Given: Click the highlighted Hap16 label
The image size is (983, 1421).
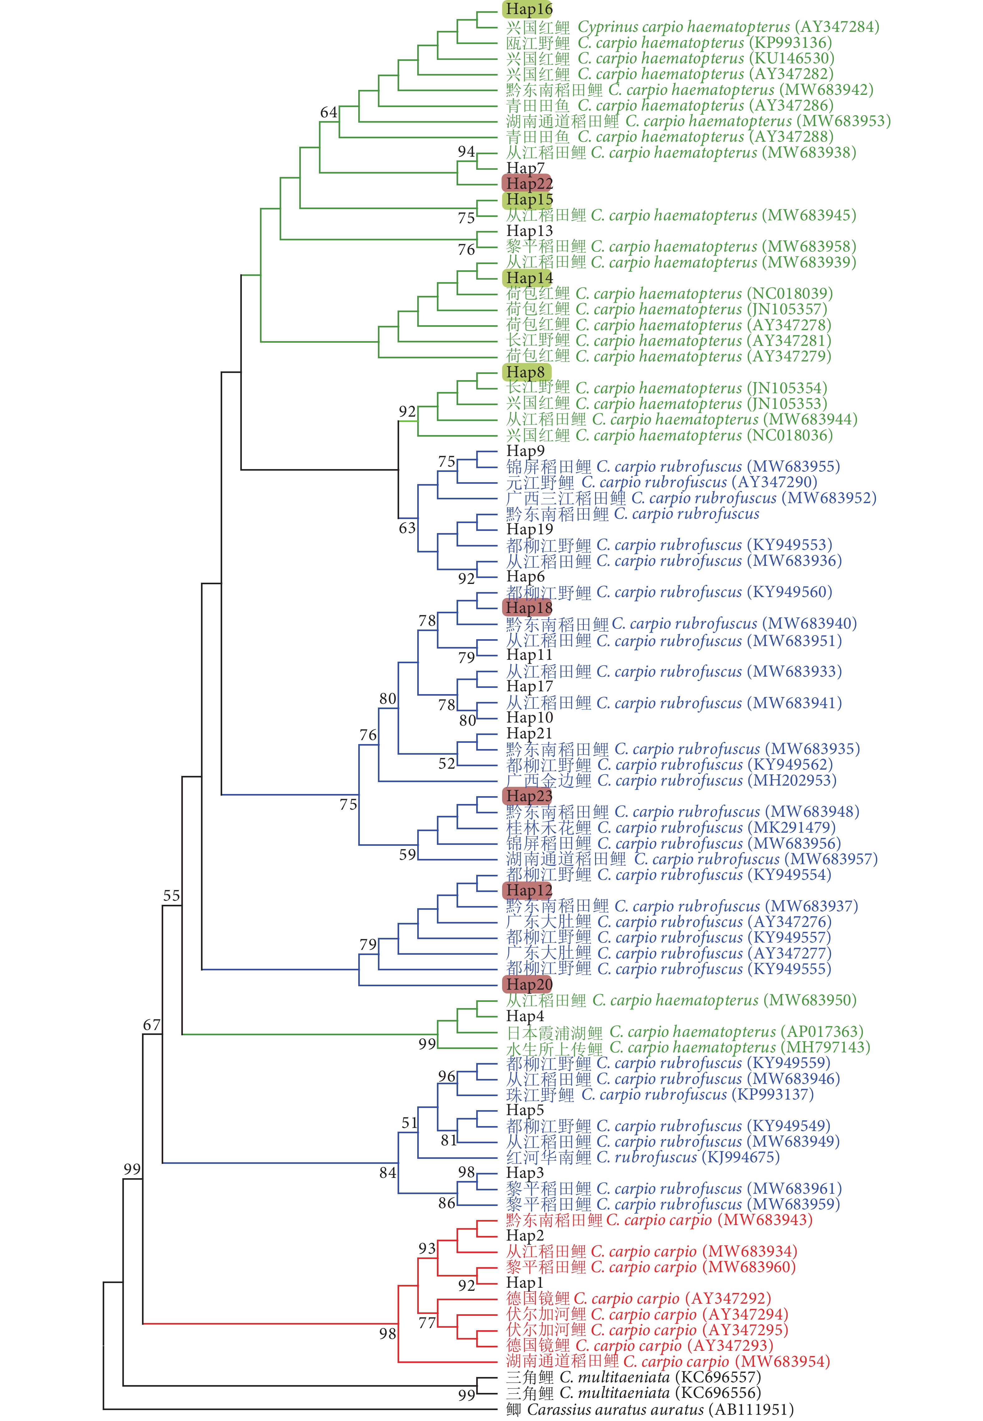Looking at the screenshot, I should [528, 9].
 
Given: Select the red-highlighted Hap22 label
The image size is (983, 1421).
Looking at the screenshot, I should [528, 184].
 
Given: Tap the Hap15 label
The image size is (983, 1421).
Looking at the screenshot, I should [528, 199].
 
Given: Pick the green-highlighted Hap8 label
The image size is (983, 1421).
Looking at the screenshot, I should [526, 372].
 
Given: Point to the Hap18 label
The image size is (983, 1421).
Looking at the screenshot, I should [528, 608].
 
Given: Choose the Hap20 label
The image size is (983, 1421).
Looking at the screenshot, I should [528, 984].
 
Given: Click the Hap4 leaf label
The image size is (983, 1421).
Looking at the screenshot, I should [525, 1016].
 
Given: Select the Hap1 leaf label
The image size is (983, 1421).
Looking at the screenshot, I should [525, 1282].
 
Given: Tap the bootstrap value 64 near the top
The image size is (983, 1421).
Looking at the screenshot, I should [329, 112].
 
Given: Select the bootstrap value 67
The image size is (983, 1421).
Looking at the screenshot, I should [152, 1025].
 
